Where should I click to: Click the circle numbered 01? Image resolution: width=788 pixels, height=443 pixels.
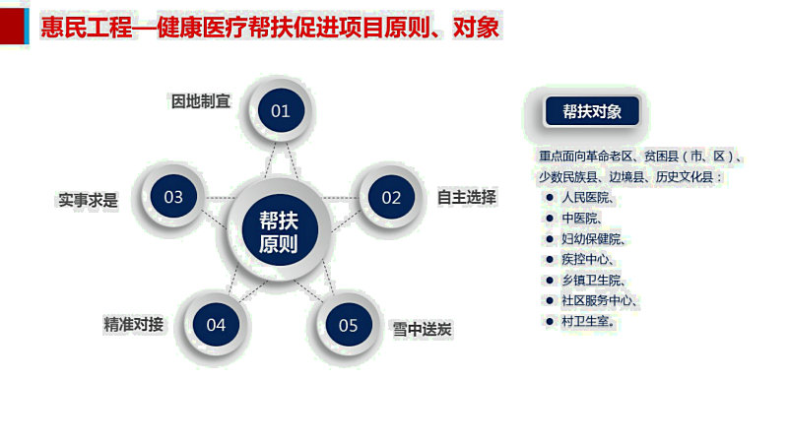(281, 110)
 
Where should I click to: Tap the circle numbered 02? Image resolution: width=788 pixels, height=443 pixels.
(391, 197)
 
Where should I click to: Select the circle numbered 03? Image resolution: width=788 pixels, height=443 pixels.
(173, 196)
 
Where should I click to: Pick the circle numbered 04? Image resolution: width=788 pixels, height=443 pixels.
(216, 325)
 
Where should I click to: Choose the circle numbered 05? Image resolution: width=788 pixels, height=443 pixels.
(349, 325)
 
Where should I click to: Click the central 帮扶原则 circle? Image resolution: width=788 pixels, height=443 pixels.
(280, 230)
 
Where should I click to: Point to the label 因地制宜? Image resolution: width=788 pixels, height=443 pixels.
(201, 101)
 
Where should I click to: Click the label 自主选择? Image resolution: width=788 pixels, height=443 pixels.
(467, 197)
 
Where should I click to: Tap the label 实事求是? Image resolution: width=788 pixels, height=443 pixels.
(88, 200)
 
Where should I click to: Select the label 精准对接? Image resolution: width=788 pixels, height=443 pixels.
(134, 325)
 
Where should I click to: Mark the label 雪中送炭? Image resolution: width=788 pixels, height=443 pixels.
(423, 330)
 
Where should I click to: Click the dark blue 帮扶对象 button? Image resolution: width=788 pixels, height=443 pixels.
(592, 111)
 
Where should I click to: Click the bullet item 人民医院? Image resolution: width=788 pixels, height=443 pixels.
(587, 198)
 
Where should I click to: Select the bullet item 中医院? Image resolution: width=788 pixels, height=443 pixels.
(581, 218)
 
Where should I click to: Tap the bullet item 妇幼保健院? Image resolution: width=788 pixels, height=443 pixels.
(593, 239)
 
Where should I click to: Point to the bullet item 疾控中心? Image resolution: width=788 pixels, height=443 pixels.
(587, 259)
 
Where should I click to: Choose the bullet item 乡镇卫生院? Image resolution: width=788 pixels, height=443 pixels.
(593, 281)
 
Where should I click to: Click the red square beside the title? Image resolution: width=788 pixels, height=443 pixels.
(12, 27)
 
